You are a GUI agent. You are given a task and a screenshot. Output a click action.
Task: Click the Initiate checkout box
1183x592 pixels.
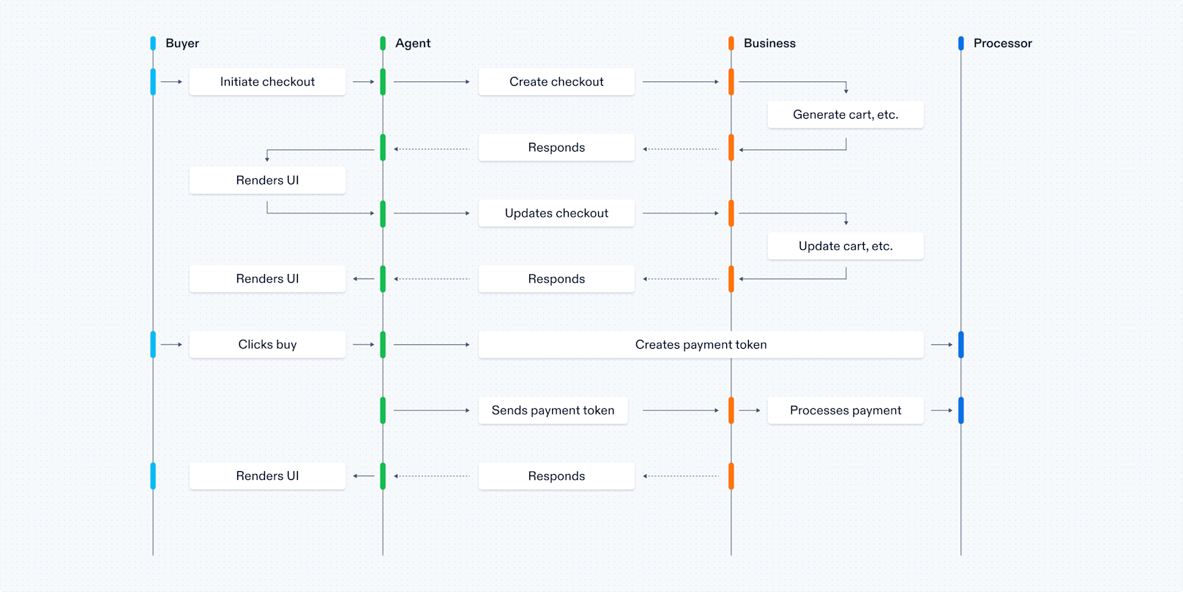[267, 82]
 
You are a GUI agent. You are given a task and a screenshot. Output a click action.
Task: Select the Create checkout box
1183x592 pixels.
[556, 82]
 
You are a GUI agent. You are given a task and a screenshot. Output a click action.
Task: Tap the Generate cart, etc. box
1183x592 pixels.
[846, 115]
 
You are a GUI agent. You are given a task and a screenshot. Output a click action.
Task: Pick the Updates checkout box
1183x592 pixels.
[556, 213]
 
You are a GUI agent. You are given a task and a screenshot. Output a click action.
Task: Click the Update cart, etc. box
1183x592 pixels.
[846, 246]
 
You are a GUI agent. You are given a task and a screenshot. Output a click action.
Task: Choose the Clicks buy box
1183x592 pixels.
[267, 344]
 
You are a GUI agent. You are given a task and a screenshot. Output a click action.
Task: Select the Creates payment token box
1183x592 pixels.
[701, 344]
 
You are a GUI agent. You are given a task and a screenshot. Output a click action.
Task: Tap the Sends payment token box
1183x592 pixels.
[553, 410]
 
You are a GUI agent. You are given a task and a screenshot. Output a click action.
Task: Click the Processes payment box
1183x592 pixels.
[846, 410]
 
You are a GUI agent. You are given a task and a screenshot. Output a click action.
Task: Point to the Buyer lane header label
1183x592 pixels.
[182, 43]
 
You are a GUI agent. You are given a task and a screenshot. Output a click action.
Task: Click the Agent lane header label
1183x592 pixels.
[413, 43]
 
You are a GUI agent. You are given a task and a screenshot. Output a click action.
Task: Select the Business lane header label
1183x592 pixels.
[769, 43]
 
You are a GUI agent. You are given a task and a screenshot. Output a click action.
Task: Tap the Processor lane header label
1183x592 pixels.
[1002, 43]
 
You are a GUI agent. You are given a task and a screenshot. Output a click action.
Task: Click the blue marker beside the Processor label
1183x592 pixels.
[961, 43]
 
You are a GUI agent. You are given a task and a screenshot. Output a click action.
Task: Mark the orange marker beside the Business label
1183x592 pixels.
[731, 43]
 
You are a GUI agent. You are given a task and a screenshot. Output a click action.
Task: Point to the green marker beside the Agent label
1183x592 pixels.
[383, 43]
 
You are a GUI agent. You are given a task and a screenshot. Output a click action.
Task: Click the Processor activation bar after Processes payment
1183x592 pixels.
[961, 410]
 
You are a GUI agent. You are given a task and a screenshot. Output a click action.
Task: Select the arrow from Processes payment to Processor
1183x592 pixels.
[941, 410]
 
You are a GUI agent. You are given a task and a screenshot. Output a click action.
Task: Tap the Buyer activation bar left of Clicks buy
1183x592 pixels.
[153, 344]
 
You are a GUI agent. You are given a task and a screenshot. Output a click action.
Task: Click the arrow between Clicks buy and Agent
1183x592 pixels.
[363, 344]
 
